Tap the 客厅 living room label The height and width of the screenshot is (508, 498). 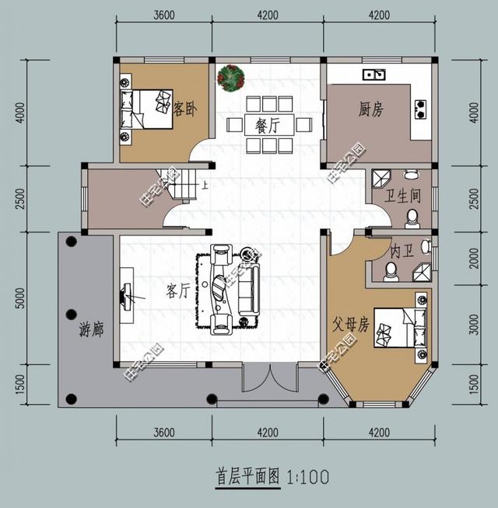click(178, 291)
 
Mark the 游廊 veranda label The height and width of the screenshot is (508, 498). click(92, 329)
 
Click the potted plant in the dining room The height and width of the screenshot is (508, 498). click(232, 78)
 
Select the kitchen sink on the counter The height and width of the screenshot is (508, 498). click(374, 75)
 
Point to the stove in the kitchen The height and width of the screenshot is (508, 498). click(421, 109)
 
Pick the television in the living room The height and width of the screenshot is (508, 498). click(125, 295)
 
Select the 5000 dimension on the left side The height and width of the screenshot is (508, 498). click(20, 296)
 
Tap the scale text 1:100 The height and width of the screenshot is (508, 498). click(309, 475)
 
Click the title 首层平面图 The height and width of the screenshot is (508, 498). click(247, 475)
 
